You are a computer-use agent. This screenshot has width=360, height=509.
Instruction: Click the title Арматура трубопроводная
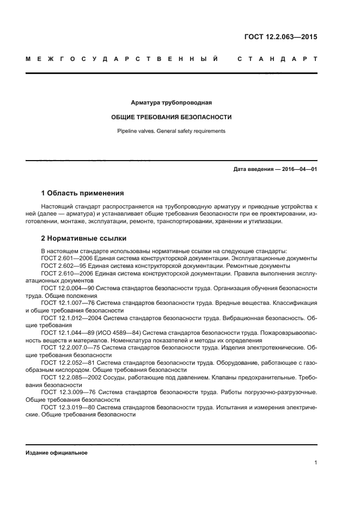pos(171,102)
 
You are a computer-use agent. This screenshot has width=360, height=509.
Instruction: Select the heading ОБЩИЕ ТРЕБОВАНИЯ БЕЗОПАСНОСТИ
pos(171,117)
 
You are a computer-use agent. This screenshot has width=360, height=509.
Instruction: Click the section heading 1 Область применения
pos(82,193)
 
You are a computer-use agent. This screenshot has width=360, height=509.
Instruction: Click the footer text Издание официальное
pos(56,453)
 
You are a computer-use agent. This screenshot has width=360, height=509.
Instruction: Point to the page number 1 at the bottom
pos(315,463)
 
